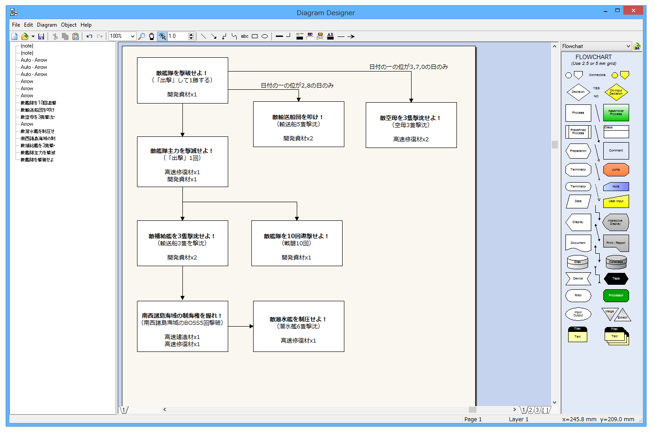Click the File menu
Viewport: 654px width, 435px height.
[16, 25]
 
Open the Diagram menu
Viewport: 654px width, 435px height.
[47, 25]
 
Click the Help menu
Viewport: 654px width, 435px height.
[86, 25]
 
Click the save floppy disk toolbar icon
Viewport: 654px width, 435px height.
[41, 36]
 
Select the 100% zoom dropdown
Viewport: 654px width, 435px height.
[122, 36]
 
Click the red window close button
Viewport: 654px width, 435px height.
[632, 10]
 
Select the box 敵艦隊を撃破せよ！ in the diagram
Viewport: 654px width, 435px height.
[182, 80]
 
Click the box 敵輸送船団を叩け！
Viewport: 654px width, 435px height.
[299, 124]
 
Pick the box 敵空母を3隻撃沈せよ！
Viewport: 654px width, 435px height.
[411, 125]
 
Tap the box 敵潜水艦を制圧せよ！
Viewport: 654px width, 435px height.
[299, 327]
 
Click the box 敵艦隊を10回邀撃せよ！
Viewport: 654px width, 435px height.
[297, 243]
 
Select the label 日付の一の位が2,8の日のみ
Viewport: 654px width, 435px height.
[297, 85]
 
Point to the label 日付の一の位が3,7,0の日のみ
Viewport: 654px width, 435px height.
[408, 67]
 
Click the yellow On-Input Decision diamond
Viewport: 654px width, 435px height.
[616, 92]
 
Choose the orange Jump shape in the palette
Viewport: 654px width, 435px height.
[616, 170]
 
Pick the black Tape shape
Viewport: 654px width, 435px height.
[616, 279]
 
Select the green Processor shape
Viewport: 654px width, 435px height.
[616, 295]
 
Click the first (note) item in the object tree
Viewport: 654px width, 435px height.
[27, 46]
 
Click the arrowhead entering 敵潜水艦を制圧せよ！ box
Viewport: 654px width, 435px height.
[251, 327]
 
